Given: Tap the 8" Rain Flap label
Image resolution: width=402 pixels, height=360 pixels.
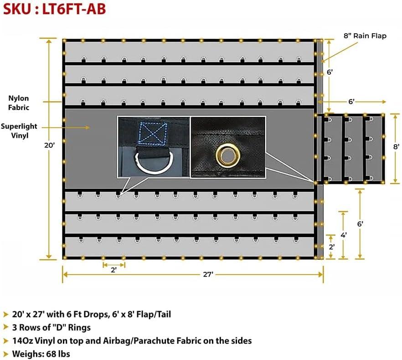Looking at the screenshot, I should coord(365,36).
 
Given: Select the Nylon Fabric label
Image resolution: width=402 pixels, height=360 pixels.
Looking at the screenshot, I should coord(19,103).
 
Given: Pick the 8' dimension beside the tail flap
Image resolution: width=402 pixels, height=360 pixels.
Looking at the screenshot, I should coord(396,146).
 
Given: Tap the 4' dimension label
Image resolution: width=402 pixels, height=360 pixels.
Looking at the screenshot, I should coord(344,235).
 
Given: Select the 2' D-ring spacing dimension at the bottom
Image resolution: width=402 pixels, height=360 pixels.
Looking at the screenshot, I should coord(113,270).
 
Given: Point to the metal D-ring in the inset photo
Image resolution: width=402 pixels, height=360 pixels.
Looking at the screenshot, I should coord(153,163).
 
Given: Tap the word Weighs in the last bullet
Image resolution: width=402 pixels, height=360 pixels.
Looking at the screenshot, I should coord(28,354).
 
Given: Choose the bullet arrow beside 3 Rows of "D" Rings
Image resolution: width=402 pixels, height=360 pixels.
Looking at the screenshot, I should coord(5,327).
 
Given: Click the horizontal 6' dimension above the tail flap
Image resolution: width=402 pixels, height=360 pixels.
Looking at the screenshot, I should coord(351,102).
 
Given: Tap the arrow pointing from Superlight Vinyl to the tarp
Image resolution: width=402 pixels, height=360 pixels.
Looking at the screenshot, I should coord(77,128).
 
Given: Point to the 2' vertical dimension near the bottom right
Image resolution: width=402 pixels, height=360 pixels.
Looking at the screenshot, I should coord(331,246).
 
